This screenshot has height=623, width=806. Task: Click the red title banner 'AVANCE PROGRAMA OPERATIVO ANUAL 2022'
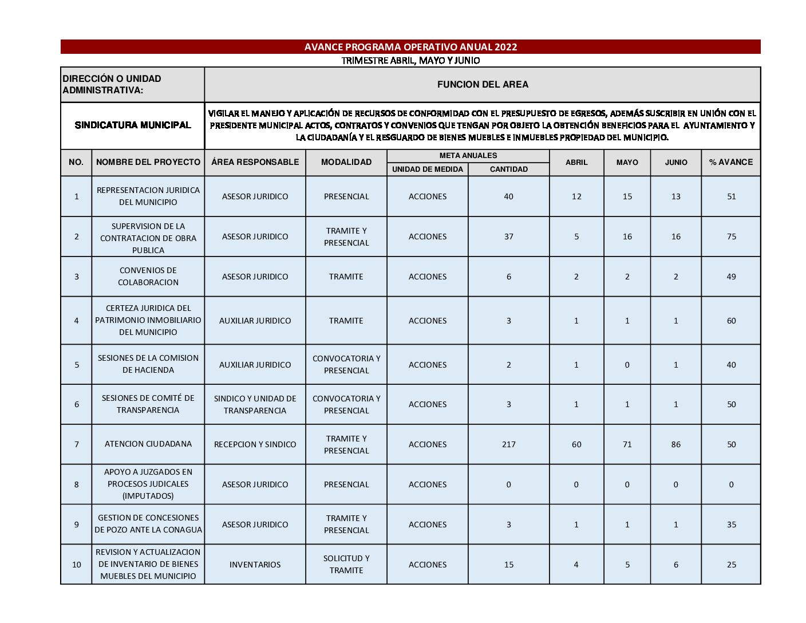coord(410,47)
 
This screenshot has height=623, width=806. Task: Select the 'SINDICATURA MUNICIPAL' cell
coord(133,125)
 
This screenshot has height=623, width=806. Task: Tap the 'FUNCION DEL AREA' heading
coord(483,85)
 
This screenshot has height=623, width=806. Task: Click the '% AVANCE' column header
coord(731,163)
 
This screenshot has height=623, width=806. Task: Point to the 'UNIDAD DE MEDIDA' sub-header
coord(428,169)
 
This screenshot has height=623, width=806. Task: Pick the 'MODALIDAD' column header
coord(346,163)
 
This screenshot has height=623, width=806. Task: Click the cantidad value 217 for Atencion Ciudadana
coord(508,444)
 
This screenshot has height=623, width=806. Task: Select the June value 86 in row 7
coord(675,444)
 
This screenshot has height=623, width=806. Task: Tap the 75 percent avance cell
coord(731,236)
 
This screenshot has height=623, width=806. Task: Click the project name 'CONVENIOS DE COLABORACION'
coord(148,277)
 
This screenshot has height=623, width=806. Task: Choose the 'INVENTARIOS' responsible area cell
coord(255,565)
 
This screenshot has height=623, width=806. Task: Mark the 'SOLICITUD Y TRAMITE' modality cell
coord(346,565)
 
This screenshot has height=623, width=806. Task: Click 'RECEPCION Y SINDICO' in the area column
coord(255,444)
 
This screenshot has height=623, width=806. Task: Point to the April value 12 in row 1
coord(576,196)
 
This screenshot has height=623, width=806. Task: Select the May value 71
coord(627,444)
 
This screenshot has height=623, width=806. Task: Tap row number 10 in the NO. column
coord(77,565)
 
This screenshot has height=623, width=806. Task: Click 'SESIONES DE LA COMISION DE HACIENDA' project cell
coord(148,364)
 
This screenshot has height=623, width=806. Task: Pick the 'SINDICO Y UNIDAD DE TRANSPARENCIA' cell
coord(255,404)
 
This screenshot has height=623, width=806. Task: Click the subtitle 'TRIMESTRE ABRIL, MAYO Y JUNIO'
coord(410,61)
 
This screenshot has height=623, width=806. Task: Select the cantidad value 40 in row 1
coord(508,196)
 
